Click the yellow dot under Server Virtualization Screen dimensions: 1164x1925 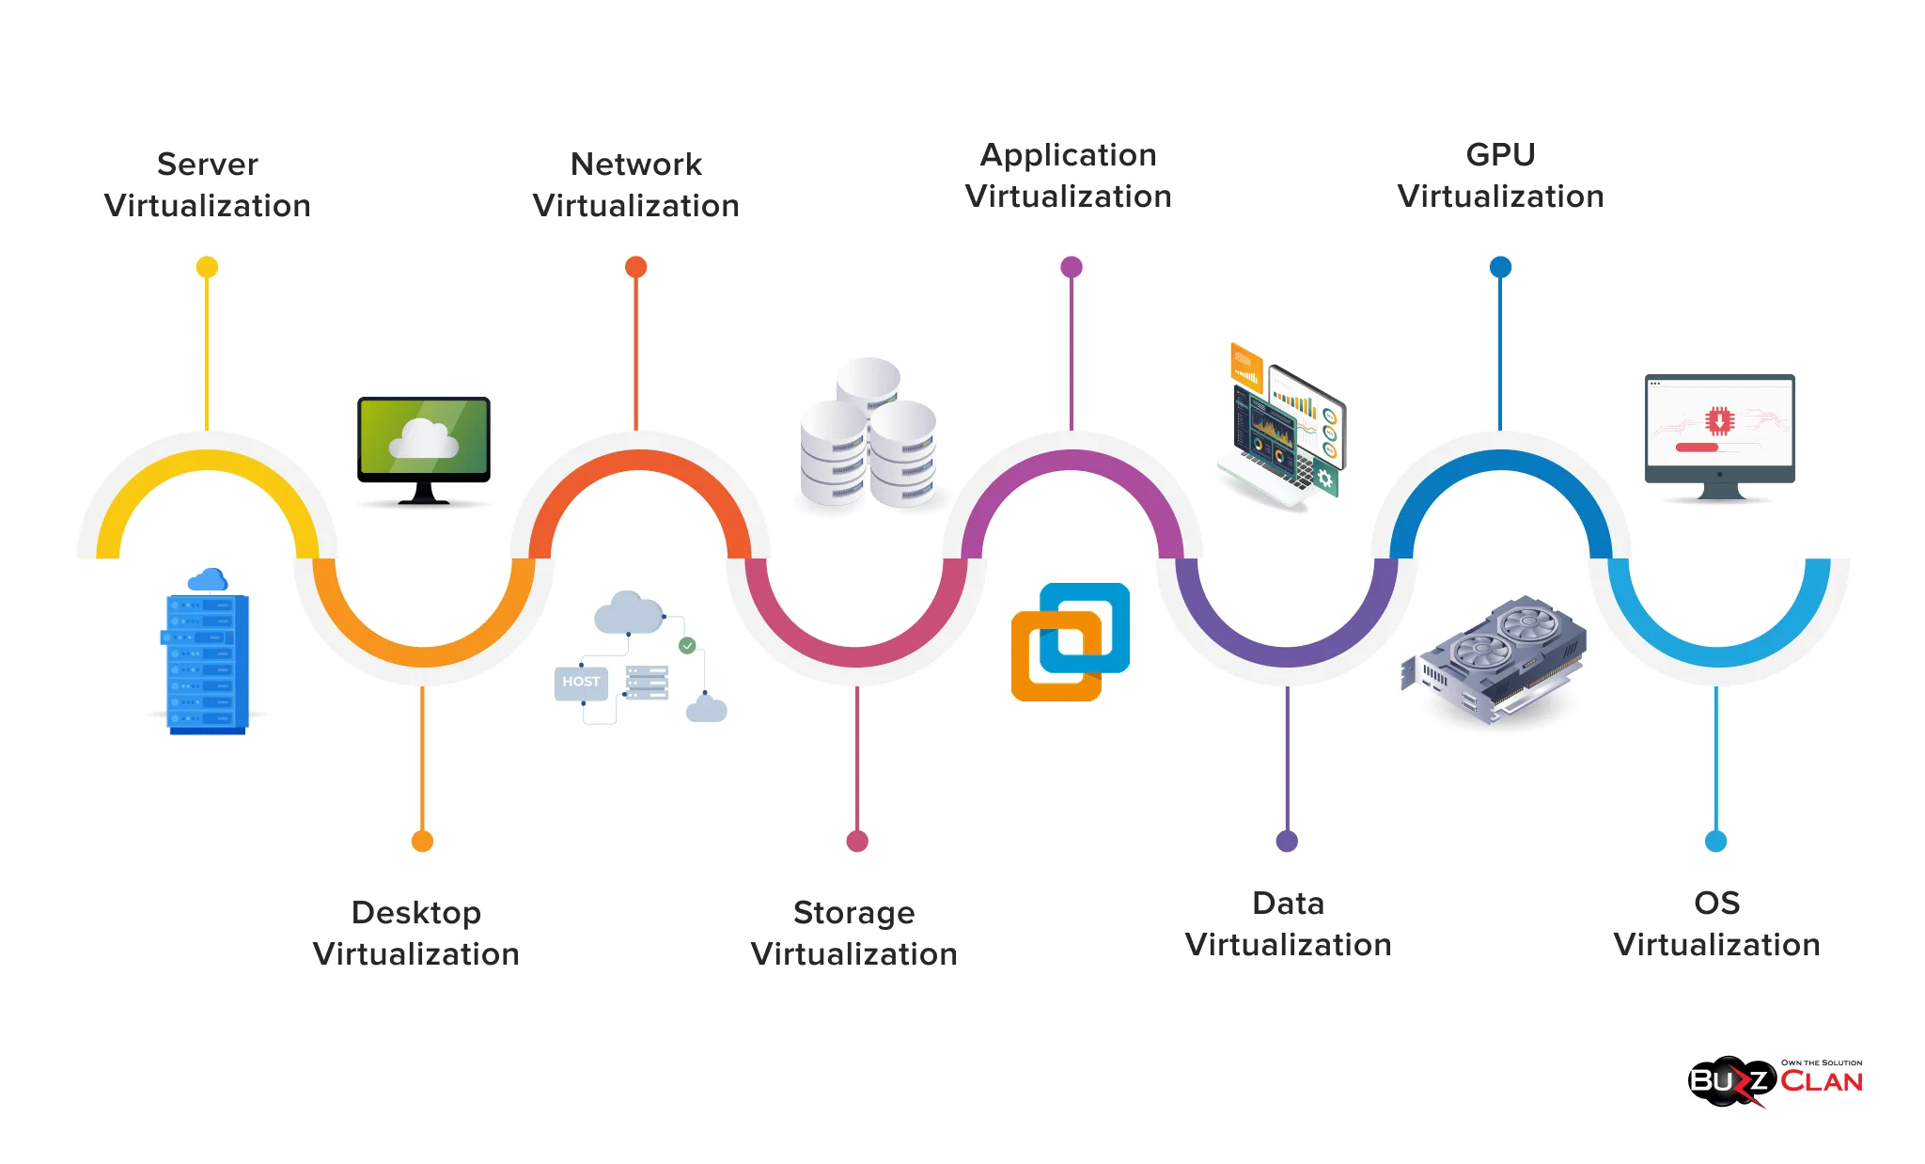click(207, 267)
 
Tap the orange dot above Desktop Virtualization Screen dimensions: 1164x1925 click(422, 841)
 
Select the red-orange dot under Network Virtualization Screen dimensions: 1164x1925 click(635, 267)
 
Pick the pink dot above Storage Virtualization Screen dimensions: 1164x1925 click(856, 841)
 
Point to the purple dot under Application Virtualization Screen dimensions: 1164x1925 click(1071, 267)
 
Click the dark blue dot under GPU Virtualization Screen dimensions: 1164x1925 click(1500, 267)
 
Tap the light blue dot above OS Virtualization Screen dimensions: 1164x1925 click(1715, 841)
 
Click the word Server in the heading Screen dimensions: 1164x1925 click(207, 165)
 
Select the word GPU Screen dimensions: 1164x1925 click(1500, 155)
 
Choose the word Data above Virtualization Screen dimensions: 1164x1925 click(1288, 904)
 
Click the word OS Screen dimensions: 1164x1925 click(1716, 904)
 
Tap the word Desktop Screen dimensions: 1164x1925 click(415, 913)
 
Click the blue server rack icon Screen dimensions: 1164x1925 click(207, 658)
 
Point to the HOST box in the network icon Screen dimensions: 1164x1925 click(581, 682)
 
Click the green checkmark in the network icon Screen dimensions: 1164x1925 click(687, 645)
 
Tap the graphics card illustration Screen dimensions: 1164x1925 click(1495, 658)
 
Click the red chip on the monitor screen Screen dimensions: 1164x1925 click(1719, 420)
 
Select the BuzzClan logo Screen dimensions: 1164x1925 click(1775, 1082)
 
